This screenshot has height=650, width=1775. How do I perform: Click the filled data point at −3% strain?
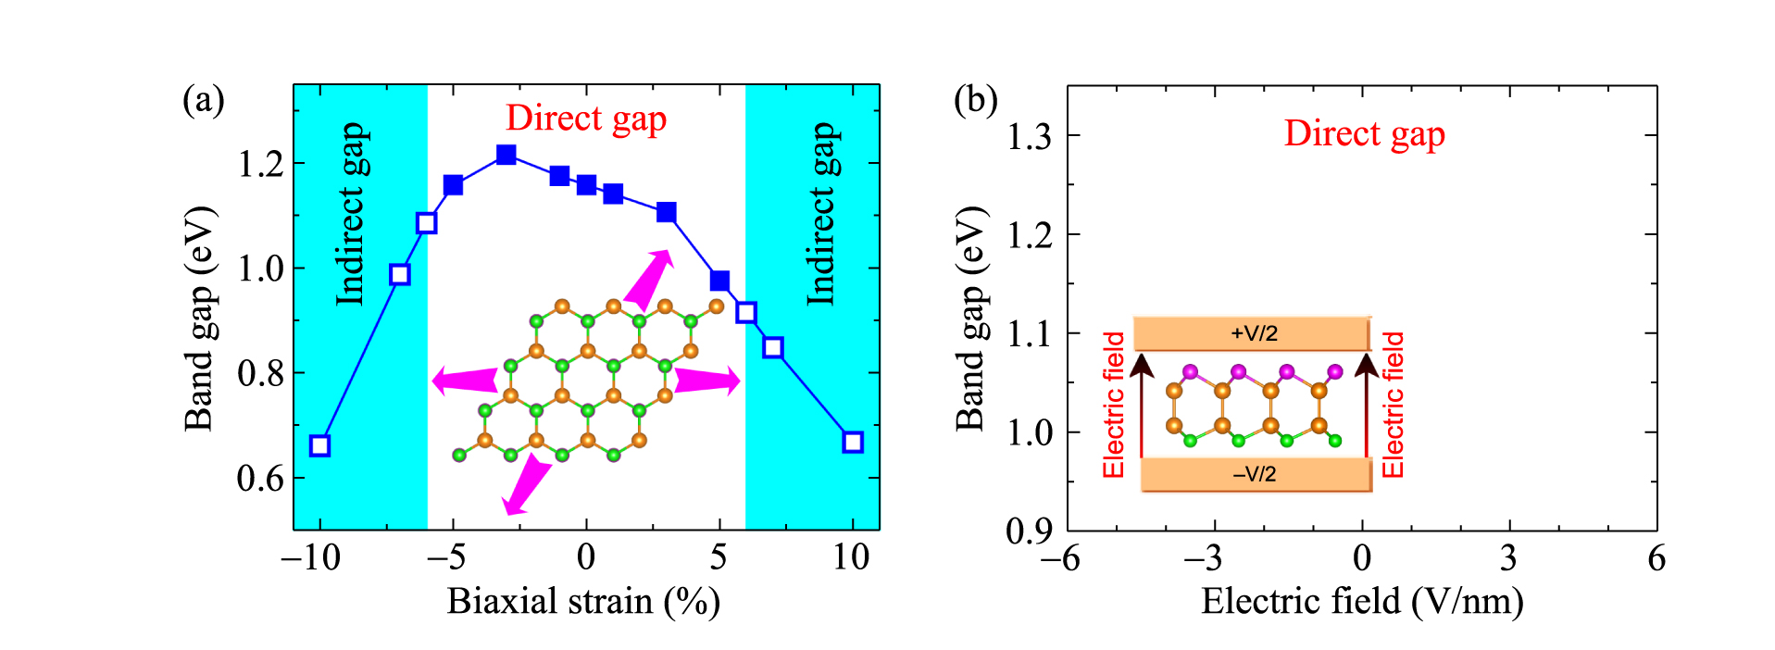[506, 155]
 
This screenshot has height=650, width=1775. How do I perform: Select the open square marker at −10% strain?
[319, 445]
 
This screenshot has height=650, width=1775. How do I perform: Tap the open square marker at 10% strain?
[853, 442]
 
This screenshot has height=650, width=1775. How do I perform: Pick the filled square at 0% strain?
[586, 184]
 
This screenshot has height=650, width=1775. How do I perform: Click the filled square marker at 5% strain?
[719, 281]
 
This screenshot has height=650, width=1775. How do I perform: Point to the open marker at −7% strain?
[399, 274]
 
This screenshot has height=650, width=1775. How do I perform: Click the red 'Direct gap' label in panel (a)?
[585, 119]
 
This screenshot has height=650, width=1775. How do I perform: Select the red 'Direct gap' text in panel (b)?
[1363, 134]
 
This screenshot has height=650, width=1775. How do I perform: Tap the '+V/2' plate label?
[1254, 333]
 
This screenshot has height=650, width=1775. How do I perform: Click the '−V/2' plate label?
[1254, 474]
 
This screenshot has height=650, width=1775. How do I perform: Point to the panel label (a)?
[203, 99]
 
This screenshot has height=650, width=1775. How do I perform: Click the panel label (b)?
[975, 99]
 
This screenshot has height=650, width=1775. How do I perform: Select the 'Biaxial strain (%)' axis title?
[583, 602]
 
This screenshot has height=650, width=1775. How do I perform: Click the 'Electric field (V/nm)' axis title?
[1361, 602]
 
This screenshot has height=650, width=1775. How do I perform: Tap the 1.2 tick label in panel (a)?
[260, 164]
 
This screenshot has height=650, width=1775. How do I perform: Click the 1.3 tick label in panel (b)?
[1029, 137]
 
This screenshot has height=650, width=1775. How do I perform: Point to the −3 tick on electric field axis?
[1202, 557]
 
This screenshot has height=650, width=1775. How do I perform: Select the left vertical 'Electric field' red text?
[1113, 405]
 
